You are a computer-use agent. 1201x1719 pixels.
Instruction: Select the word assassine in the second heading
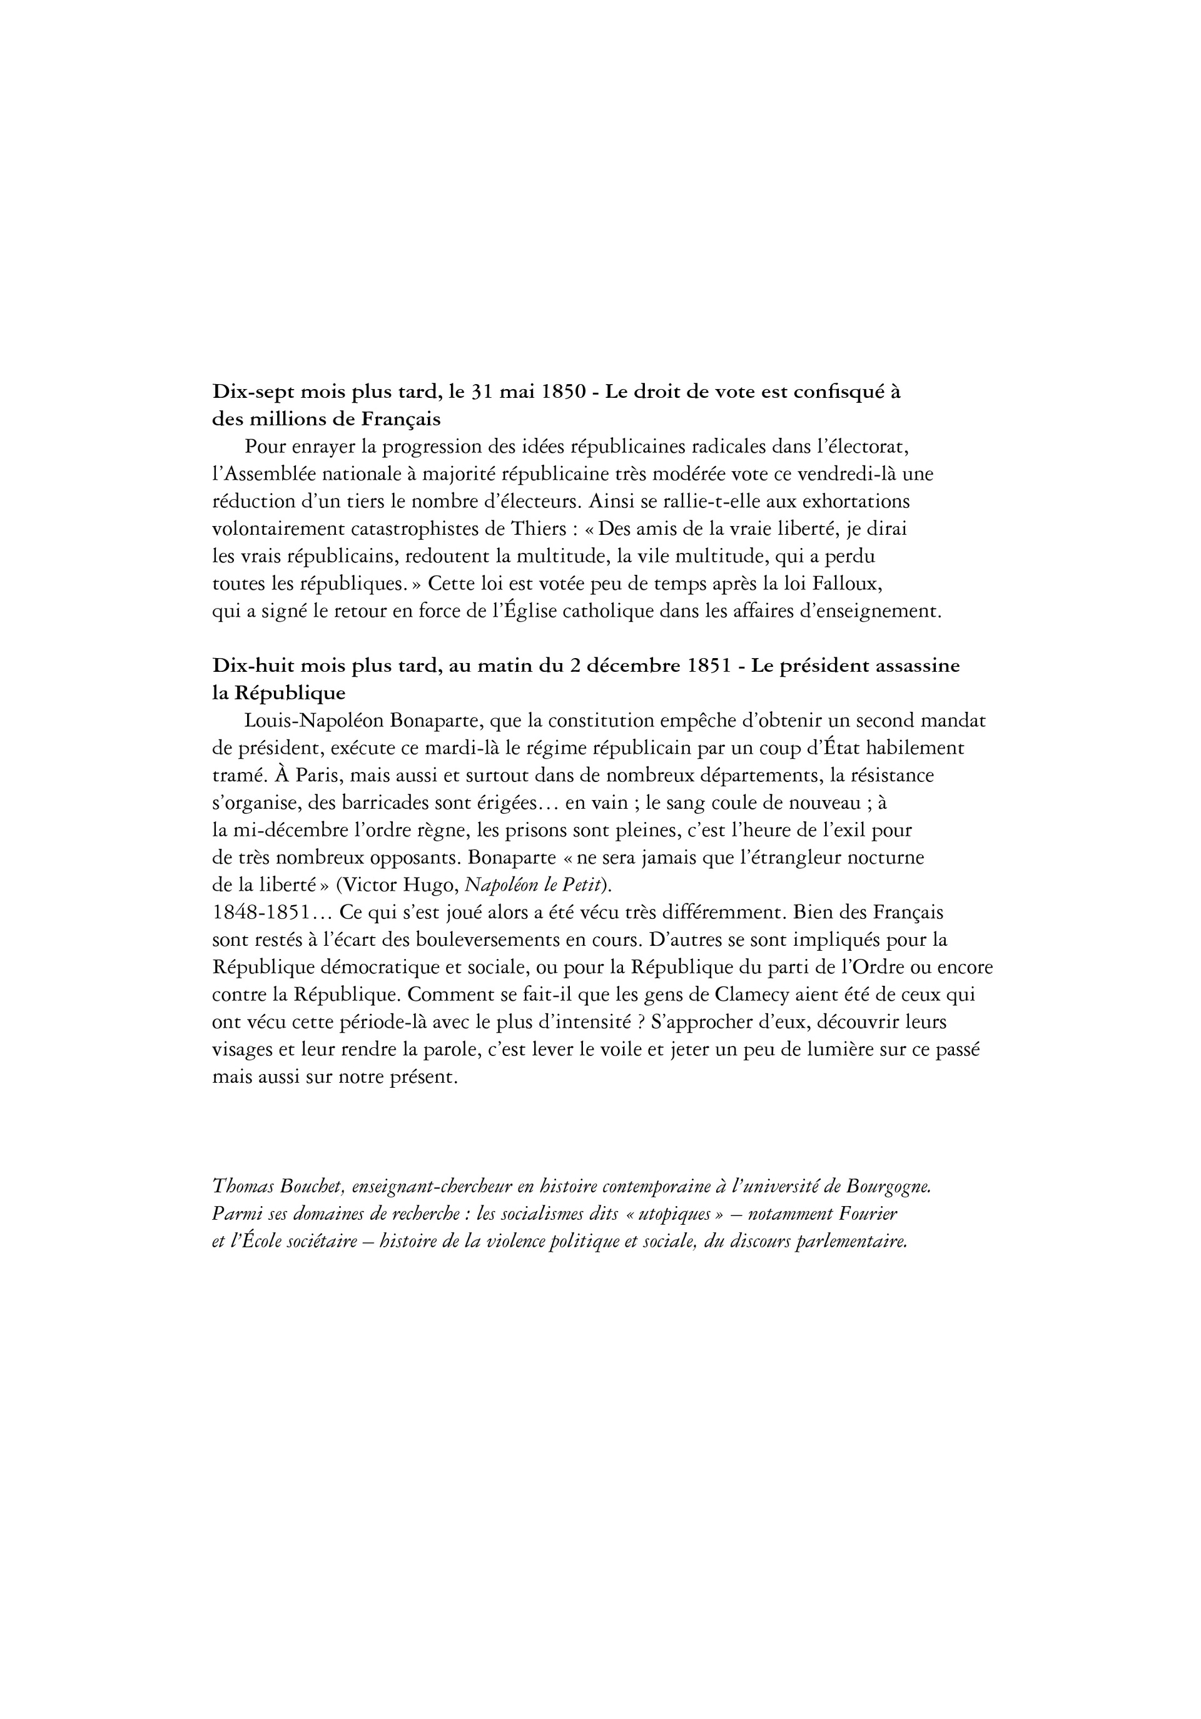[916, 666]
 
